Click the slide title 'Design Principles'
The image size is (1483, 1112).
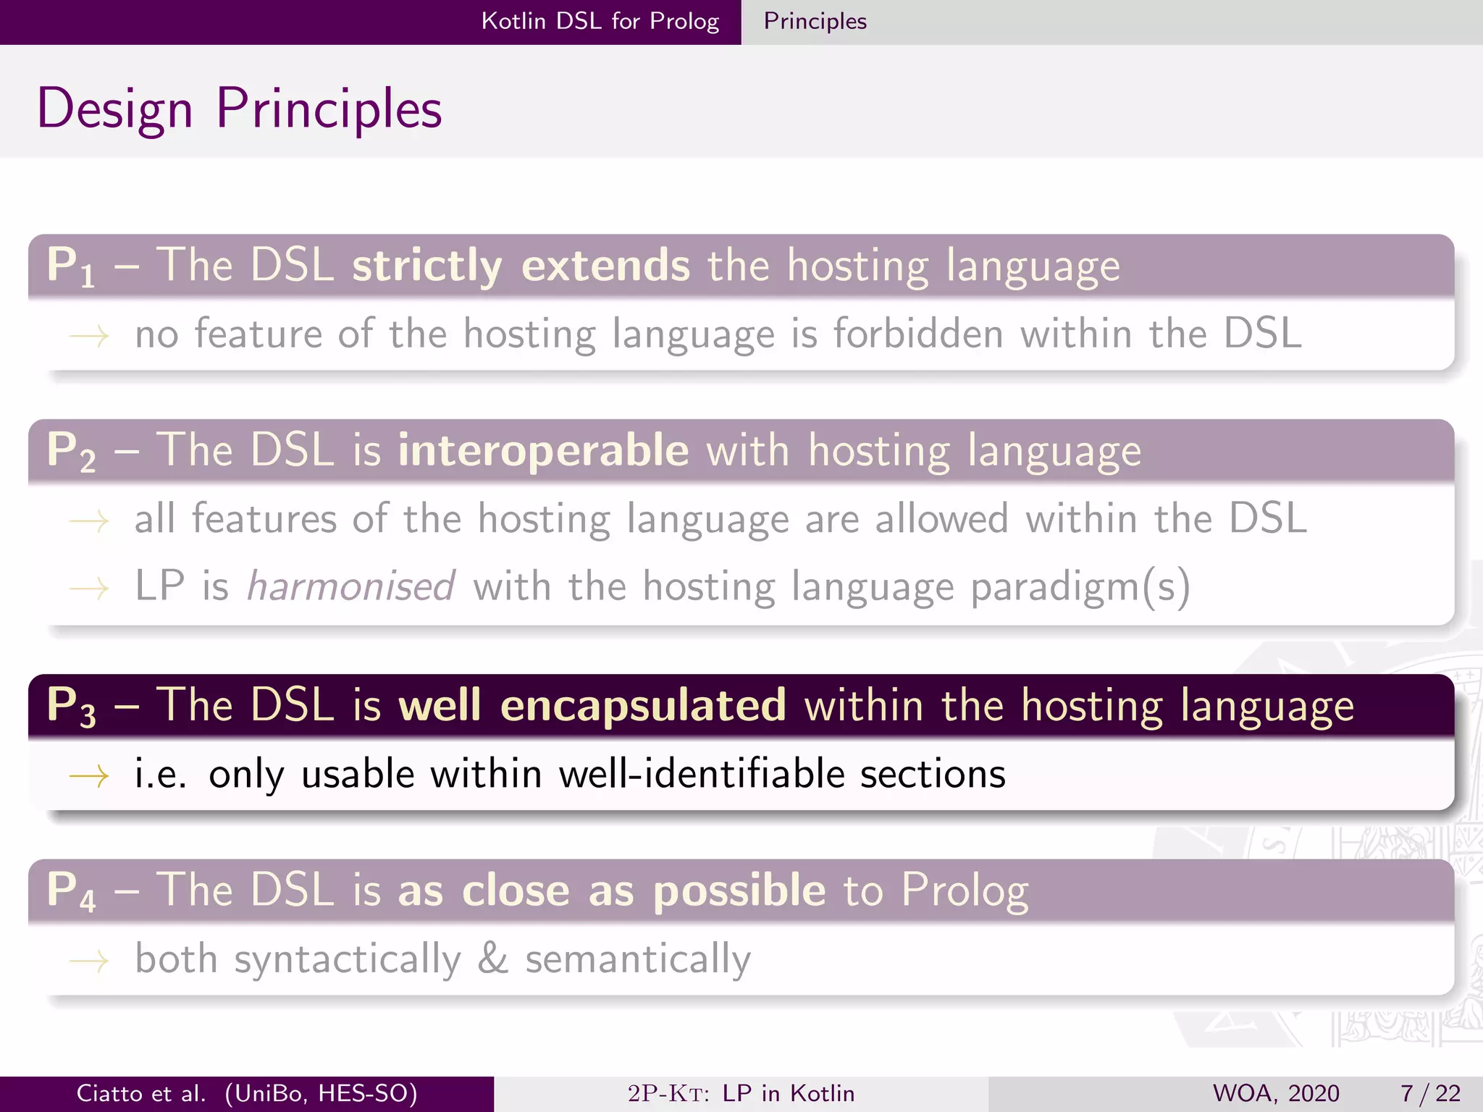pyautogui.click(x=239, y=109)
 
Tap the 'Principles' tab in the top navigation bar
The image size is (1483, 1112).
pyautogui.click(x=815, y=21)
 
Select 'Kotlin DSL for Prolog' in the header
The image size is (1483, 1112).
pyautogui.click(x=600, y=21)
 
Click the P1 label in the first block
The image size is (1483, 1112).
pyautogui.click(x=70, y=266)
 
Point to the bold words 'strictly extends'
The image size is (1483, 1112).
pyautogui.click(x=521, y=266)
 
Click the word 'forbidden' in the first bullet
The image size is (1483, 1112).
pyautogui.click(x=918, y=334)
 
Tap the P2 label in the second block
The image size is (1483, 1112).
pyautogui.click(x=70, y=450)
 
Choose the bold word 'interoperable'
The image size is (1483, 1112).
pyautogui.click(x=543, y=450)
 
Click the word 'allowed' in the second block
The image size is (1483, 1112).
pyautogui.click(x=941, y=519)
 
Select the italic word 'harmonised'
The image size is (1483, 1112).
pyautogui.click(x=351, y=586)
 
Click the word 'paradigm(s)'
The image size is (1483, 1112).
pyautogui.click(x=1080, y=586)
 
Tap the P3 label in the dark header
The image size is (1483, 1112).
pyautogui.click(x=70, y=705)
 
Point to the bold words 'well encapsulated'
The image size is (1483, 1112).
pyautogui.click(x=592, y=705)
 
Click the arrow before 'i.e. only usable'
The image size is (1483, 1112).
pyautogui.click(x=89, y=776)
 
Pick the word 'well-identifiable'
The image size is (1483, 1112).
pyautogui.click(x=702, y=774)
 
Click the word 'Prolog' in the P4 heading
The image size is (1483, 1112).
pyautogui.click(x=965, y=890)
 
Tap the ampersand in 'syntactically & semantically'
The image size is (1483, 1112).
pyautogui.click(x=492, y=959)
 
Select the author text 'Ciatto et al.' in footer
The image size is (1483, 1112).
pyautogui.click(x=141, y=1093)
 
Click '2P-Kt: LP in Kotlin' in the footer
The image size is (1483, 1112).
pyautogui.click(x=741, y=1093)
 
